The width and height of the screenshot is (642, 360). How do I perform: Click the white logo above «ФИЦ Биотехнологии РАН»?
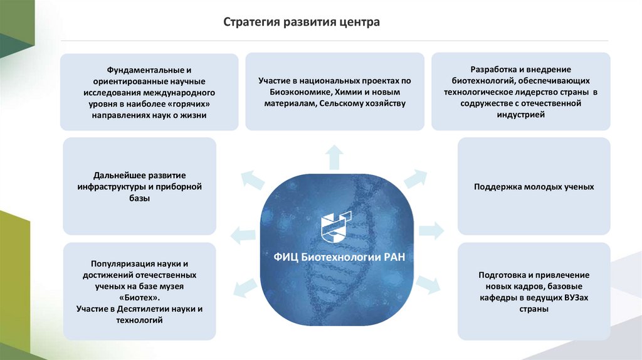335,228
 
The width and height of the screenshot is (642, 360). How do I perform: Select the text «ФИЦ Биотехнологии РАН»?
336,257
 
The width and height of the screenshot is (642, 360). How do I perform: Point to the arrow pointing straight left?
243,236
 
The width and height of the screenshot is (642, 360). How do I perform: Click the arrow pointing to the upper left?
252,180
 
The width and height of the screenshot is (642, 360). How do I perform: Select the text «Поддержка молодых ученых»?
534,187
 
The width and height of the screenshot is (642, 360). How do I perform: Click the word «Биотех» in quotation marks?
140,298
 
